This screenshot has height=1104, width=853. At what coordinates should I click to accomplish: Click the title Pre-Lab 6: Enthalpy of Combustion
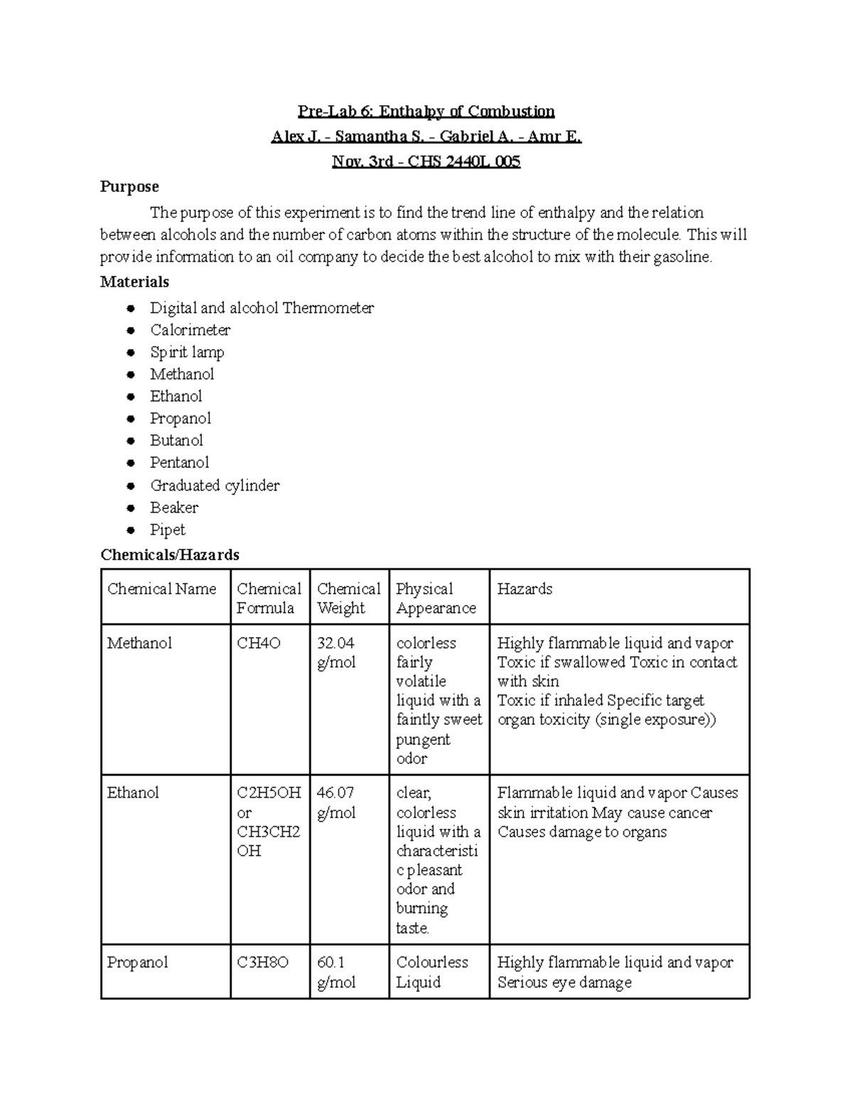pos(426,111)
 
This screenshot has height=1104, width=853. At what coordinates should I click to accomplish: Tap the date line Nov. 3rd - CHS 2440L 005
pos(426,161)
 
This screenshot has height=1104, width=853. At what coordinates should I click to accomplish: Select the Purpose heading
pos(129,187)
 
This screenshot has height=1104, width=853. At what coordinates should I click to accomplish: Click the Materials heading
pos(134,282)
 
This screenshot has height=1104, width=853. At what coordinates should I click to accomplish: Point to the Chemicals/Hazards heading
pos(170,554)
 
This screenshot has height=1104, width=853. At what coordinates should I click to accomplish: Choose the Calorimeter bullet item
pos(190,330)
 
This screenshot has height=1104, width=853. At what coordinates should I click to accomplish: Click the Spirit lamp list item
pos(187,352)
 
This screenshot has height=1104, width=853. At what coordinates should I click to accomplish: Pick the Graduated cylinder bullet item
pos(215,486)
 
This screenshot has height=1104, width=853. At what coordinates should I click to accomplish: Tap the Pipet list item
pos(167,530)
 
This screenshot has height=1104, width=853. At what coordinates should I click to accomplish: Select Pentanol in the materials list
pos(179,463)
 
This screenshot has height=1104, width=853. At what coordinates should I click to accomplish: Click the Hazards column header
pos(525,589)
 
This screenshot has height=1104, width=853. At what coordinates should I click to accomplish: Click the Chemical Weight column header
pos(348,598)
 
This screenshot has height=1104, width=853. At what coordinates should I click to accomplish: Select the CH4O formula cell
pos(259,643)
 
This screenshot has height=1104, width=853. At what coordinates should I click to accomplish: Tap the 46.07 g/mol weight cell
pos(336,803)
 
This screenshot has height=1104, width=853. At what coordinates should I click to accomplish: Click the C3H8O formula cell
pos(262,963)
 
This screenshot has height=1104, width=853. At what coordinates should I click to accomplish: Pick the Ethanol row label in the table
pos(133,793)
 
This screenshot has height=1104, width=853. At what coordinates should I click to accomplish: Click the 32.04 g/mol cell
pos(336,653)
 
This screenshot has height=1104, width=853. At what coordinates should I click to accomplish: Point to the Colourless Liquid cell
pos(431,972)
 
